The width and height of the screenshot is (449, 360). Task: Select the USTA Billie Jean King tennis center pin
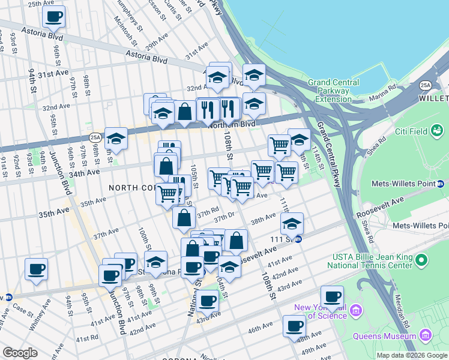[x=421, y=260]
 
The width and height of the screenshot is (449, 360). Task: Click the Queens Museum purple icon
[x=426, y=334]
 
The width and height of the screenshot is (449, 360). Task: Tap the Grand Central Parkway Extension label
[x=333, y=91]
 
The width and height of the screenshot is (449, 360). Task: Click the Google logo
[x=20, y=353]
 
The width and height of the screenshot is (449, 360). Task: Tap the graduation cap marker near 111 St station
[x=292, y=224]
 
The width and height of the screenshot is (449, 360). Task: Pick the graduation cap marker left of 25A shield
[x=116, y=139]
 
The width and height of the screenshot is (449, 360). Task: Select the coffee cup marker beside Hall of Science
[x=331, y=295]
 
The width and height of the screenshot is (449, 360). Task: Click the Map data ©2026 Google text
[x=412, y=355]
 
